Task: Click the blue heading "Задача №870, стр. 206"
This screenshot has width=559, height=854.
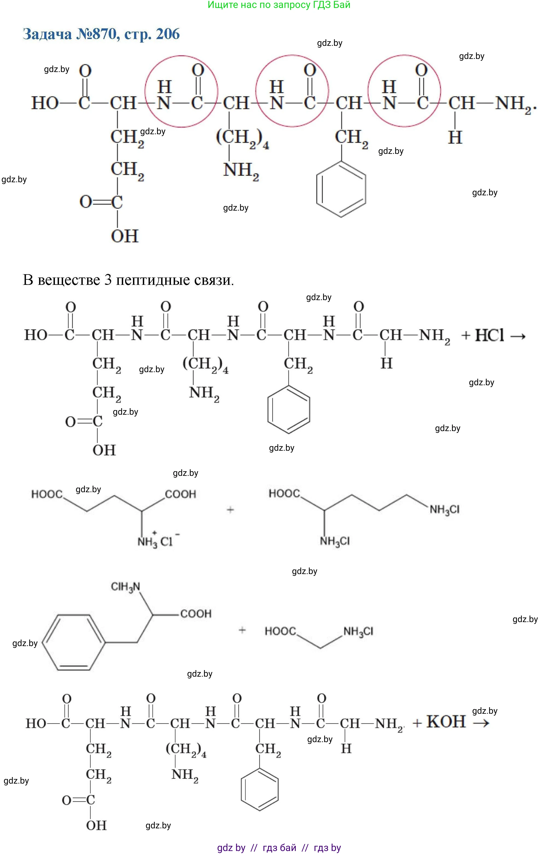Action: pyautogui.click(x=101, y=34)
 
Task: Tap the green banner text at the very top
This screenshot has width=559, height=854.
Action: pyautogui.click(x=279, y=5)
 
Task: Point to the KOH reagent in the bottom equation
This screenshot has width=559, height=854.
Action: pyautogui.click(x=446, y=722)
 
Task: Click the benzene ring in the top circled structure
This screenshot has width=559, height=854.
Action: pyautogui.click(x=341, y=189)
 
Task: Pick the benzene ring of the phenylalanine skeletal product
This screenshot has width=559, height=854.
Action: pyautogui.click(x=74, y=642)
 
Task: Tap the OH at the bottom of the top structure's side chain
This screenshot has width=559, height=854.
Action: pyautogui.click(x=125, y=236)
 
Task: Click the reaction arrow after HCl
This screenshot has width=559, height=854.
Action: pyautogui.click(x=518, y=336)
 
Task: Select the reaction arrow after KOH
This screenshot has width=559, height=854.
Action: pyautogui.click(x=481, y=723)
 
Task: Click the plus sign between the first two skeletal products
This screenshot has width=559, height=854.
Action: pyautogui.click(x=230, y=509)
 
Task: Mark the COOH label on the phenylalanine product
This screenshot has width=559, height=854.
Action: pyautogui.click(x=196, y=614)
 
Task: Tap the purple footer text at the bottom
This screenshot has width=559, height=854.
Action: pyautogui.click(x=279, y=847)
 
